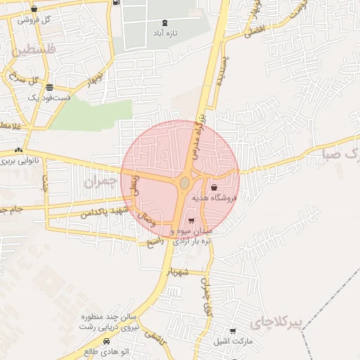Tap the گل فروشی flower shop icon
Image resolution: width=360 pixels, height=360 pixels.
click(34, 9)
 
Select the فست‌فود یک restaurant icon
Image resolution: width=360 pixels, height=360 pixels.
click(49, 87)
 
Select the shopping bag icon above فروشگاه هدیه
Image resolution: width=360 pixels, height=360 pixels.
click(214, 188)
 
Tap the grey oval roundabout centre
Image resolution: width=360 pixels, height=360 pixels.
click(184, 183)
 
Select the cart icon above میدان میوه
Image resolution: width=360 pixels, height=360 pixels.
click(191, 221)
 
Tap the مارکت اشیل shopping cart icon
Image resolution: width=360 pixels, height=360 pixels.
click(233, 331)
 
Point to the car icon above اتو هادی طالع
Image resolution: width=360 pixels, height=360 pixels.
click(106, 341)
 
